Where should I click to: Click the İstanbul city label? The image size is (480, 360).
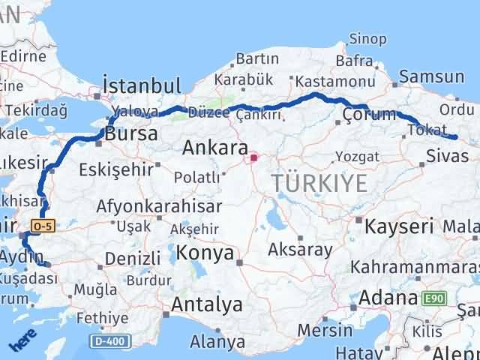click(141, 85)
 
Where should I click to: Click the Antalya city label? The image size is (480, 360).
click(207, 304)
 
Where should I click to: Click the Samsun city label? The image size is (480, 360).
click(431, 76)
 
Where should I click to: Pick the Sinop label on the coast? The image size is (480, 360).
click(368, 39)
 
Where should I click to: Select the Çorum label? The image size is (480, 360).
click(368, 115)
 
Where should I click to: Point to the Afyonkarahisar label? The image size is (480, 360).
click(158, 207)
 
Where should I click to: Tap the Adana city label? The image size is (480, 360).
click(388, 298)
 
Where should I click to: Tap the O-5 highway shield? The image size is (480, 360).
click(43, 224)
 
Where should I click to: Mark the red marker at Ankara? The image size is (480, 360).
click(253, 157)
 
